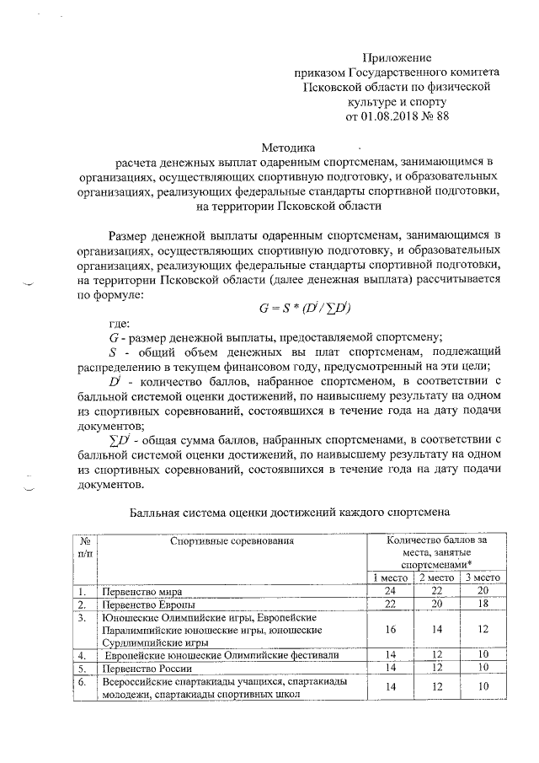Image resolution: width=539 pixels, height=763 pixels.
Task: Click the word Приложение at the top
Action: [x=396, y=57]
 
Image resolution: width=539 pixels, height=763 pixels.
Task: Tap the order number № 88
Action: [x=435, y=116]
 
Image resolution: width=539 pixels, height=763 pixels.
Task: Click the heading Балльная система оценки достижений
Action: [x=291, y=512]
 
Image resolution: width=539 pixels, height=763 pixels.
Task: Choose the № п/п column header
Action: [x=84, y=546]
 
